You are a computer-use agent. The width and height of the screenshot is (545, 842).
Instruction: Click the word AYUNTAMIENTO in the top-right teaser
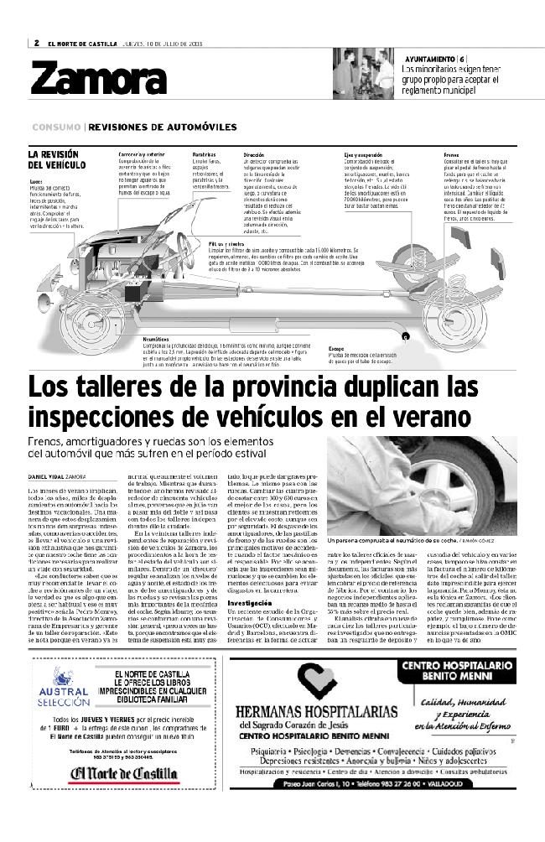click(429, 58)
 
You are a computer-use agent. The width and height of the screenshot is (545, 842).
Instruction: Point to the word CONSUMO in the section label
click(56, 127)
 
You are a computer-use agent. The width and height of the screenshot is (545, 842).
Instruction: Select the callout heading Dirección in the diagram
click(253, 155)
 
